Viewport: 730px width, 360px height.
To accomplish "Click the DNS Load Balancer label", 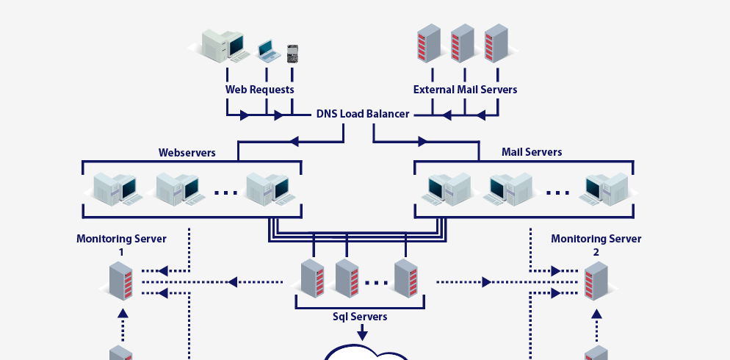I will pos(363,115).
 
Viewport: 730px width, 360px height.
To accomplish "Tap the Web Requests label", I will pos(259,90).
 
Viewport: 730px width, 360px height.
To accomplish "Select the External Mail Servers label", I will pos(465,90).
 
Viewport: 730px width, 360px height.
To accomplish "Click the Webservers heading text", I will pos(187,153).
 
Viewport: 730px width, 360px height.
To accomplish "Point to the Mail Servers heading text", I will pos(532,152).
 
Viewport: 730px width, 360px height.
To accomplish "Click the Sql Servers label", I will pos(359,317).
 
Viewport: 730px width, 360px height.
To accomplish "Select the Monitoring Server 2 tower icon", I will pos(596,282).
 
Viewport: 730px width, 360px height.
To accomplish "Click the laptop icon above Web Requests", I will pos(268,51).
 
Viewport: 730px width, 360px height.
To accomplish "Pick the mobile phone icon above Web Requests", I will pos(293,53).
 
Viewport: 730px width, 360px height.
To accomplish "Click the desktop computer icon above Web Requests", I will pos(224,45).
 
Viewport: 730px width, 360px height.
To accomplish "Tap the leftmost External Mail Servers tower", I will pos(428,43).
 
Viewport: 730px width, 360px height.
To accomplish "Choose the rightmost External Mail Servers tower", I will pos(496,43).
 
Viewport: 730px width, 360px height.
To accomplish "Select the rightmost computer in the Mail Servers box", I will pos(606,188).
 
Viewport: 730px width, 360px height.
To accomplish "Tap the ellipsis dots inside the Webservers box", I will pos(226,193).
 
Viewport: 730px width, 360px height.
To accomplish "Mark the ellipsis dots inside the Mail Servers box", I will pos(558,193).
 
